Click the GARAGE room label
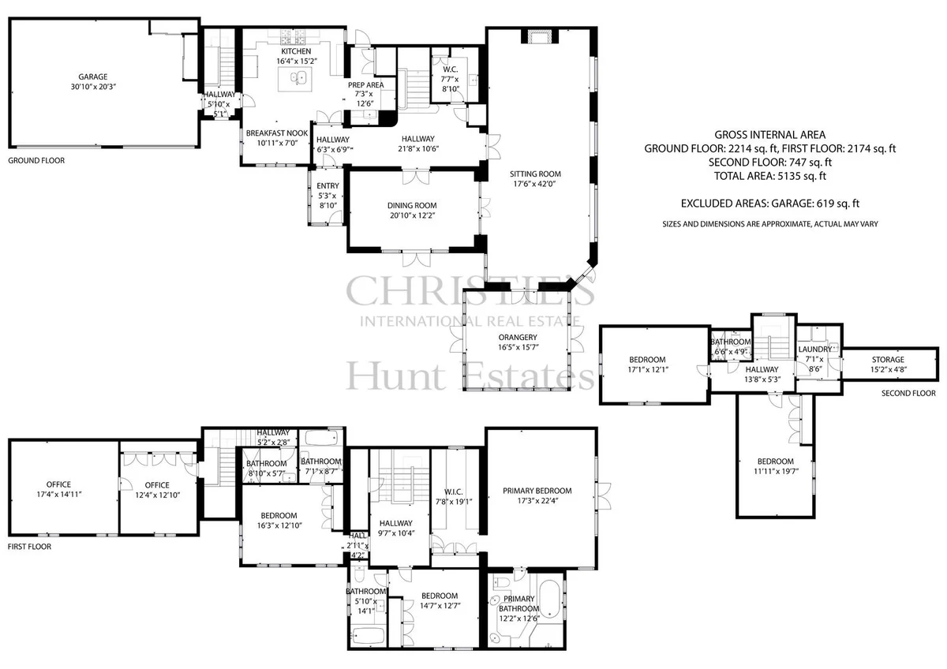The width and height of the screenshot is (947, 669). [x=92, y=77]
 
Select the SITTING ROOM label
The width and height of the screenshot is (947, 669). [x=535, y=174]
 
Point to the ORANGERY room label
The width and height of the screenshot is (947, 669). [x=518, y=337]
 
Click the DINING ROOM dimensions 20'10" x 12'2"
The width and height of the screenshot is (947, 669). [x=412, y=215]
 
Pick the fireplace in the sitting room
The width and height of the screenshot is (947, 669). [x=540, y=37]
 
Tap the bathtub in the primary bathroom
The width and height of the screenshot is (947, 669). [x=550, y=600]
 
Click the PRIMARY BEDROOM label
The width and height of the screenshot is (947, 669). [x=537, y=491]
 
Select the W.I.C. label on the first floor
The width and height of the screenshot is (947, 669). [x=454, y=492]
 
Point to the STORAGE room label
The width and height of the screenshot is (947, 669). [x=888, y=360]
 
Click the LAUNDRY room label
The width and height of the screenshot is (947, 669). [x=814, y=349]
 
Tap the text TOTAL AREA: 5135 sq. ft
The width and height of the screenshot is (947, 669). [x=770, y=176]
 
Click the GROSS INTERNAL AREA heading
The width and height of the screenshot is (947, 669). [x=770, y=135]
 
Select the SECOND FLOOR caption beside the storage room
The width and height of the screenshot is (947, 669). [x=908, y=393]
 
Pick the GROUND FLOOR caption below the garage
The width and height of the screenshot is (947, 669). [x=36, y=161]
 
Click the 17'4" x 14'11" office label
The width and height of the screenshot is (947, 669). [x=58, y=495]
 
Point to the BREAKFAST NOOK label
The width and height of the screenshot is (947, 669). [x=277, y=133]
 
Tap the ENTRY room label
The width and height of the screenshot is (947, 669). [x=328, y=186]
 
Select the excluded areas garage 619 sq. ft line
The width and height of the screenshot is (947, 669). [x=770, y=204]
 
